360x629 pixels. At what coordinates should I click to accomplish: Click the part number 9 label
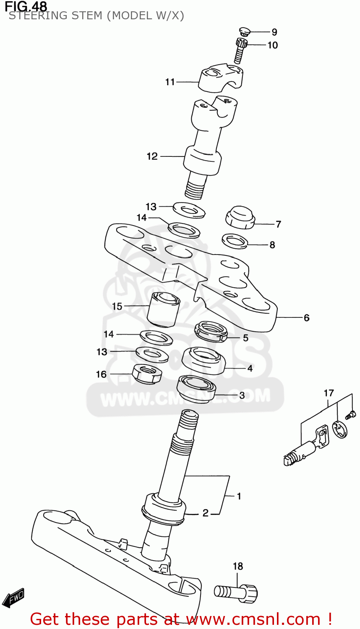[274, 32]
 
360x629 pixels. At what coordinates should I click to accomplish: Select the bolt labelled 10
[240, 50]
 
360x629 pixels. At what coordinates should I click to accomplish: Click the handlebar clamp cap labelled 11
[219, 78]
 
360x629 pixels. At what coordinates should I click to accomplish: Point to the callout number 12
[152, 156]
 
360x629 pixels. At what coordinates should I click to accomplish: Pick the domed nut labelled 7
[240, 217]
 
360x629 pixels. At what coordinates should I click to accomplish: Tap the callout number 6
[306, 318]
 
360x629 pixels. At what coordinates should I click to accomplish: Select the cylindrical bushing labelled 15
[164, 309]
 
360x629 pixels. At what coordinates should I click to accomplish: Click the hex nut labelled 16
[147, 373]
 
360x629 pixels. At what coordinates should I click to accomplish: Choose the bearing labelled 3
[196, 389]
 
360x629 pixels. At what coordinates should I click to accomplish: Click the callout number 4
[250, 369]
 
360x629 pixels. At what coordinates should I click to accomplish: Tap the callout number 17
[329, 393]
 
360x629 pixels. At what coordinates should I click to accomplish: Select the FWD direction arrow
[13, 598]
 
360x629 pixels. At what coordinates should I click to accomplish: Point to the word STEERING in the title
[34, 16]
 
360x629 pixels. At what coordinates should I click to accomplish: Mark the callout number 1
[239, 496]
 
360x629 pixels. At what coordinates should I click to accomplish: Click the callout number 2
[205, 513]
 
